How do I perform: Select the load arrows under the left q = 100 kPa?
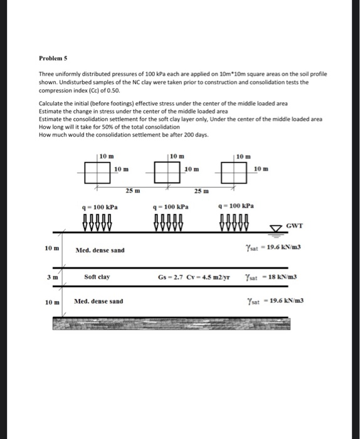pos(97,223)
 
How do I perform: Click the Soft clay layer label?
pos(97,276)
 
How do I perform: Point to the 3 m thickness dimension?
pos(52,276)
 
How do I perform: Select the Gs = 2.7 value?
pos(171,277)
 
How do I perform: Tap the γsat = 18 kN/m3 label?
pos(272,277)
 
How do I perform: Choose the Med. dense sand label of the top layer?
pos(100,250)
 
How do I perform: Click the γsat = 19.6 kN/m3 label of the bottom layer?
pos(275,301)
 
